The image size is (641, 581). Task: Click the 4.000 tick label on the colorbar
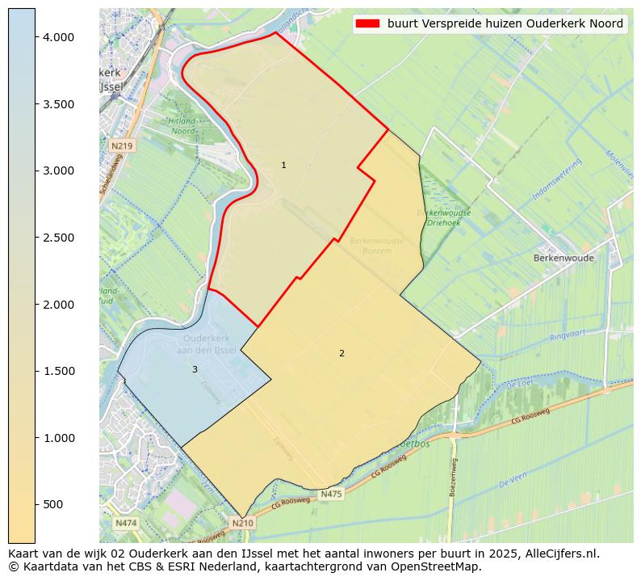pos(58,37)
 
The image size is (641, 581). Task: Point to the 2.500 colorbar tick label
pos(58,238)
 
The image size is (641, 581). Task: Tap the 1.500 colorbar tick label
pos(58,371)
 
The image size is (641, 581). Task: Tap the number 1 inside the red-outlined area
pos(283,165)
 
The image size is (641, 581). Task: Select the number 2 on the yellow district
pos(341,353)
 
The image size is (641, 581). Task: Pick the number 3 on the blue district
pos(195,369)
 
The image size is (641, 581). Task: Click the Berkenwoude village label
pos(563,259)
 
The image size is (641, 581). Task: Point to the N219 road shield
pos(121,145)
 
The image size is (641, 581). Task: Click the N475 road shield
pos(331,495)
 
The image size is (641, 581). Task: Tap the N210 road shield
pos(242,523)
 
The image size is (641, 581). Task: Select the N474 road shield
pos(125,523)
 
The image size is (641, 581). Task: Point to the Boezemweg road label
pos(455,477)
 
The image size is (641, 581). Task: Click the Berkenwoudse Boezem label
pos(376,246)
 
